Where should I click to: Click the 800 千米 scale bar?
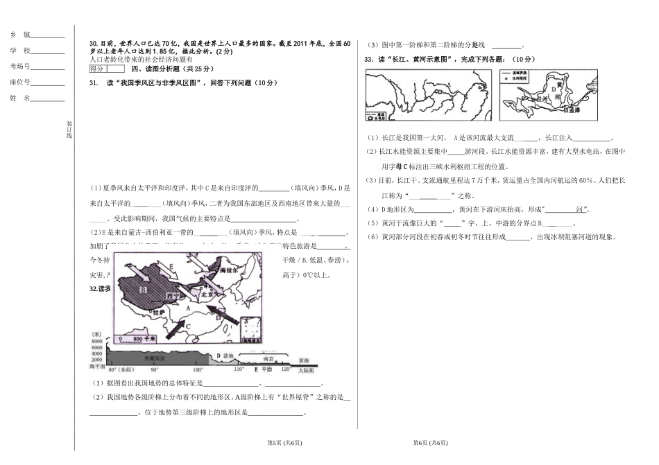click(132, 337)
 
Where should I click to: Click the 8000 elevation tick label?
click(96, 342)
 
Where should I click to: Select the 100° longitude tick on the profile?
click(179, 370)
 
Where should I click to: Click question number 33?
click(370, 60)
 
